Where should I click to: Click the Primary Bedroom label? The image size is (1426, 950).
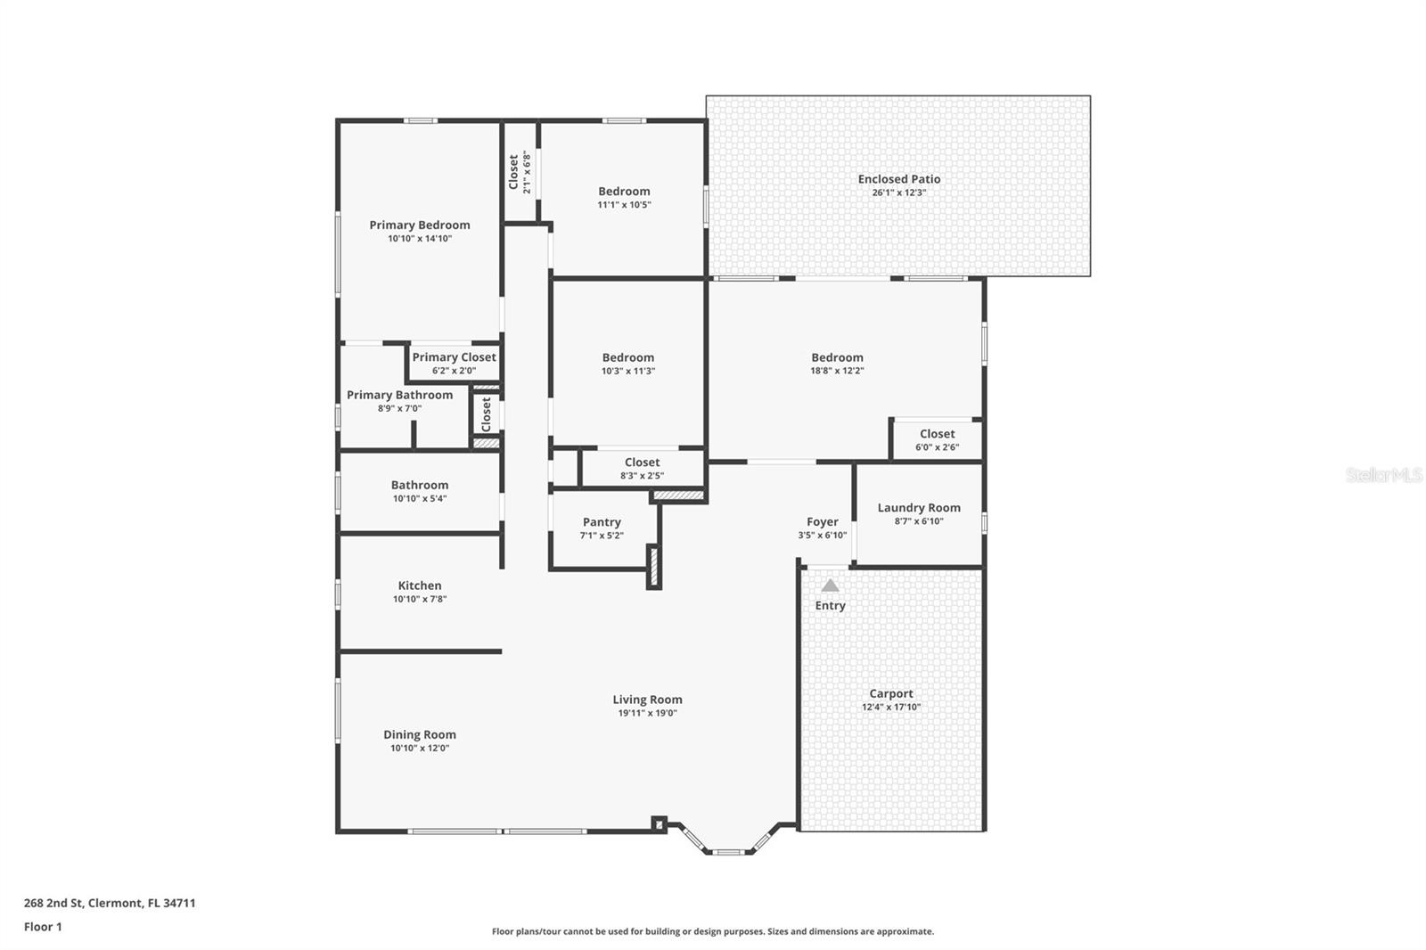[420, 225]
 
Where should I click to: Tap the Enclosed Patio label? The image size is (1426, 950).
[898, 179]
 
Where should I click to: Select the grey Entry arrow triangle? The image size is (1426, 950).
[830, 586]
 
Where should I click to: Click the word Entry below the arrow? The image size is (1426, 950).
[830, 606]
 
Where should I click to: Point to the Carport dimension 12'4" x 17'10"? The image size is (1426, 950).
[890, 708]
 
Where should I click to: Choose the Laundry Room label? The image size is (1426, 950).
[919, 508]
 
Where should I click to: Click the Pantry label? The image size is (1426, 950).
[602, 522]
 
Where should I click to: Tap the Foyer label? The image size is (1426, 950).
[822, 522]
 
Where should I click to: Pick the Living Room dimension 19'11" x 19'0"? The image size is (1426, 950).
[647, 713]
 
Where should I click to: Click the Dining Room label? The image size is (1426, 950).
[420, 735]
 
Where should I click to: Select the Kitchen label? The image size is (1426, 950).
[420, 586]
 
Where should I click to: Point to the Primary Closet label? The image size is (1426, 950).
[454, 357]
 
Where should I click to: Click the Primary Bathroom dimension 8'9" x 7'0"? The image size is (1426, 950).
[399, 409]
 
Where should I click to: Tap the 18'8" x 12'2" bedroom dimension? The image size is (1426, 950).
[837, 371]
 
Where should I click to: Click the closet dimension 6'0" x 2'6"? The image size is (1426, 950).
[937, 447]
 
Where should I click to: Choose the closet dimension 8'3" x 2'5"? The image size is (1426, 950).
[642, 476]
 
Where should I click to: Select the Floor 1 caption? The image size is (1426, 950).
[43, 927]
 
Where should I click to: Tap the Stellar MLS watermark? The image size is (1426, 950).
[1383, 475]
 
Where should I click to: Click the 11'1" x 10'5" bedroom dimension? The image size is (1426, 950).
[624, 205]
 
